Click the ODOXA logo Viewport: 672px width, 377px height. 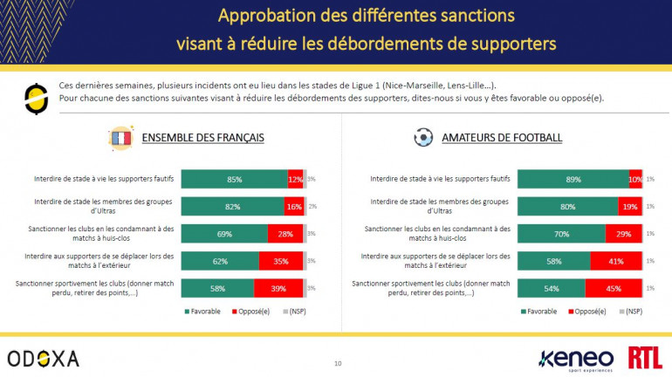coord(43,358)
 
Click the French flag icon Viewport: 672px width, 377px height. coord(120,138)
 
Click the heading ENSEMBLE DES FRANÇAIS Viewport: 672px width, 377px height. coord(202,138)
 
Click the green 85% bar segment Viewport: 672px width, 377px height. coord(234,179)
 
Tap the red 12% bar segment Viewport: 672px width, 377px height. coord(295,179)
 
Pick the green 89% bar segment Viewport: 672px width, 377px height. coord(573,179)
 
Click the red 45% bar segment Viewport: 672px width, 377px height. coord(613,289)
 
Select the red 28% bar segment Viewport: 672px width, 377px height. coord(285,234)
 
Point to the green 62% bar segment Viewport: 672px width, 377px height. coord(220,261)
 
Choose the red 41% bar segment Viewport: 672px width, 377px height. coord(615,261)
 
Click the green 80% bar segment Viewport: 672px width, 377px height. coord(567,207)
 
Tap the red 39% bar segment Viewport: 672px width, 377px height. coord(278,289)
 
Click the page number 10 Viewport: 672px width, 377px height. coord(338,362)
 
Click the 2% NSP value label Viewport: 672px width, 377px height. coord(312,207)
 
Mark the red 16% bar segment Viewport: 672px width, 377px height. coord(293,207)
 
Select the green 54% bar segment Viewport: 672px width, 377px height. coord(551,289)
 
